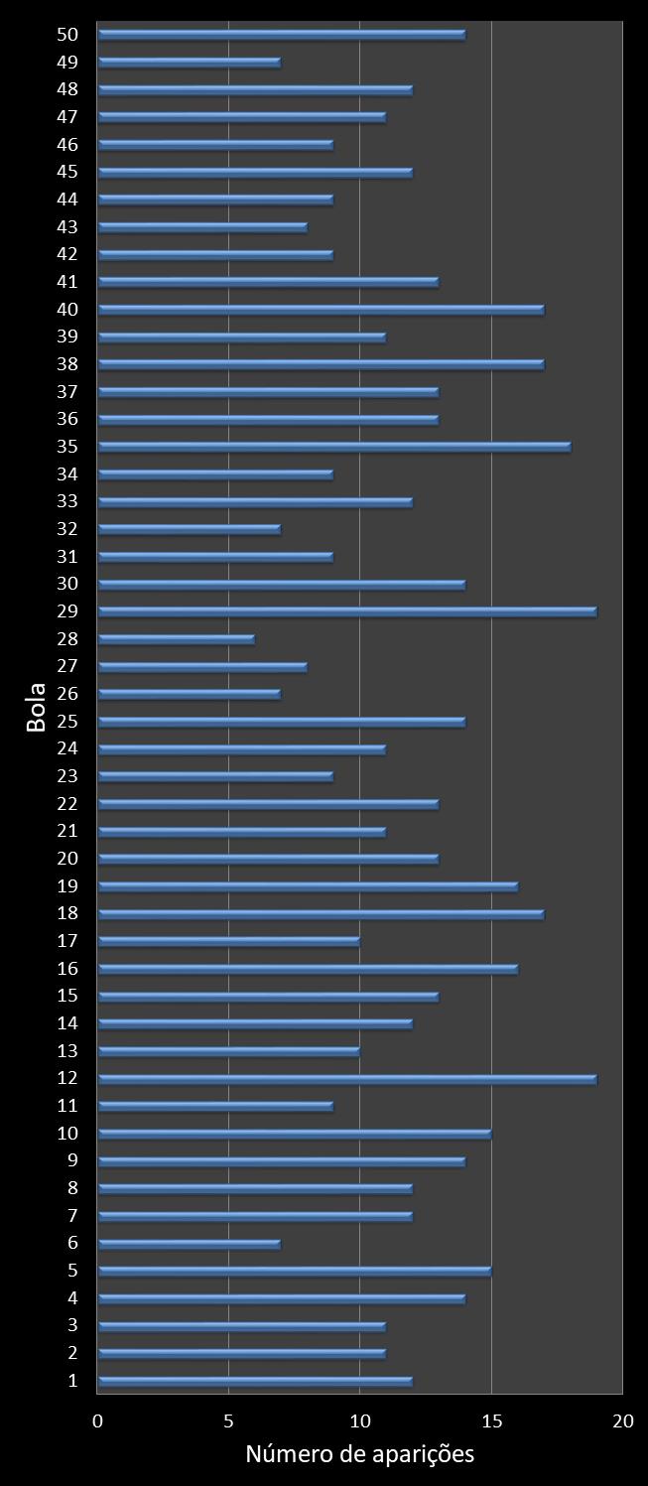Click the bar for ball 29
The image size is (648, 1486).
(x=347, y=611)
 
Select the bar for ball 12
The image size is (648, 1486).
(x=347, y=1079)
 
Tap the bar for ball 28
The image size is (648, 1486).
(x=177, y=639)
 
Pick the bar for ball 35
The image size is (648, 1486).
(x=334, y=447)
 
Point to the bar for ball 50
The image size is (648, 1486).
(x=282, y=35)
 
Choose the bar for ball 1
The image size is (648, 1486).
(x=255, y=1381)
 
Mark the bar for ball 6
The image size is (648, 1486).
(x=190, y=1244)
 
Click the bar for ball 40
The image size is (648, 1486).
(x=321, y=310)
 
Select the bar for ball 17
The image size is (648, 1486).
(x=229, y=941)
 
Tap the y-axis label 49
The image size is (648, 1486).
(x=67, y=62)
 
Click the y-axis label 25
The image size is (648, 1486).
(x=67, y=720)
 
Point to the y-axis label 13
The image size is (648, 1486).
(x=67, y=1050)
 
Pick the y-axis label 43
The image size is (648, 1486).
(x=67, y=226)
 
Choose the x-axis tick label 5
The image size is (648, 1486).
(x=229, y=1420)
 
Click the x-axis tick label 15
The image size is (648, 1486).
(x=491, y=1420)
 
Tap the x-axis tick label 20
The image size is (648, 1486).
(x=622, y=1420)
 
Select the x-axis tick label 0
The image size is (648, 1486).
(x=97, y=1420)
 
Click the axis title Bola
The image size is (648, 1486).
(x=37, y=707)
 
